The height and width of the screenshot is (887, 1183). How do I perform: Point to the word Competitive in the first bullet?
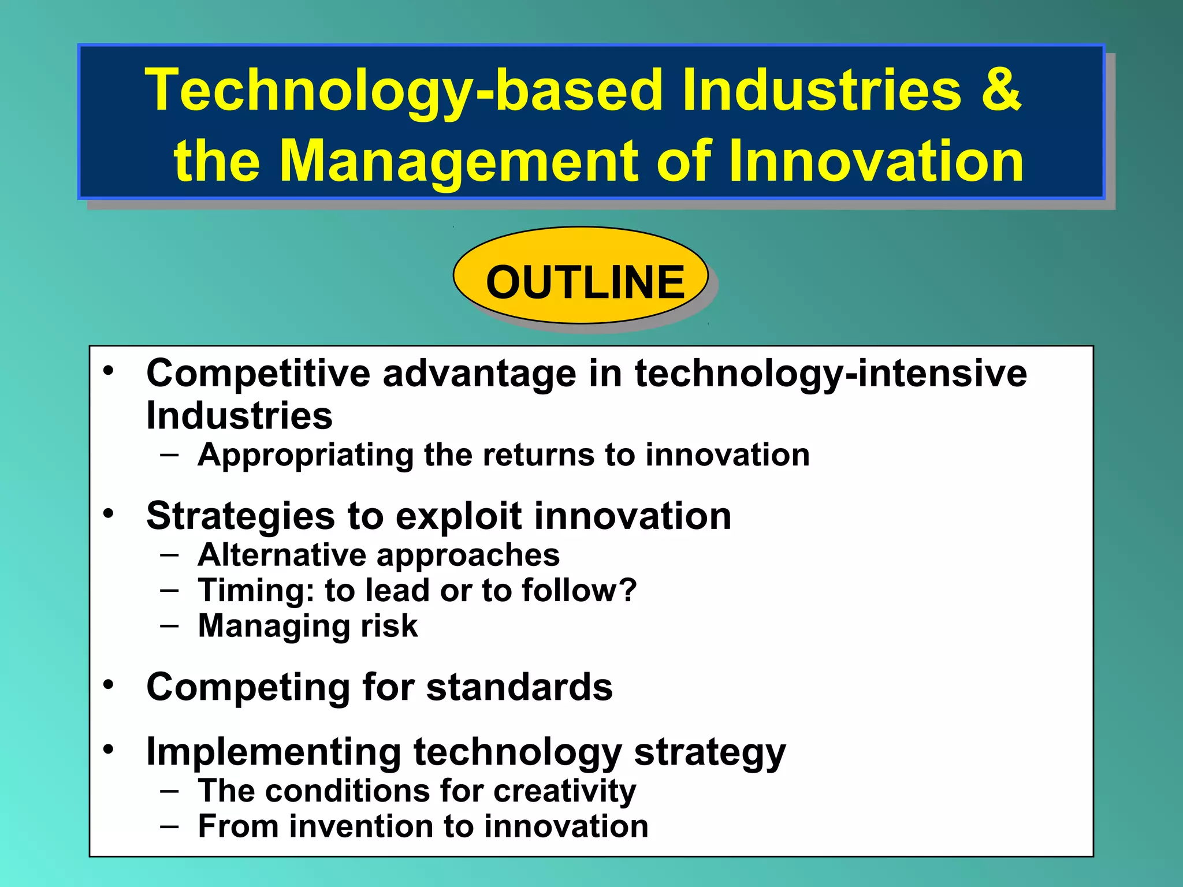tap(258, 374)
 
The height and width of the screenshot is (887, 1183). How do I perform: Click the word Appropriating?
tap(305, 455)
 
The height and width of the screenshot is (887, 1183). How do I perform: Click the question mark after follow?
tap(628, 590)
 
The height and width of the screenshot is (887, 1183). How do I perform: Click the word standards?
tap(519, 687)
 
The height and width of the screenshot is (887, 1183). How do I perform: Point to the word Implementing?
tap(273, 752)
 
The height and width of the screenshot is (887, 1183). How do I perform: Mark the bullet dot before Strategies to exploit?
tap(109, 513)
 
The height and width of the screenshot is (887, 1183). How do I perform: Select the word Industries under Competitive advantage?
tap(239, 416)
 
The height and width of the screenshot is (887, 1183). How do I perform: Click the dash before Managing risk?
tap(170, 626)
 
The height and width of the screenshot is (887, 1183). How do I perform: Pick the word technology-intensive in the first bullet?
tap(831, 374)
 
